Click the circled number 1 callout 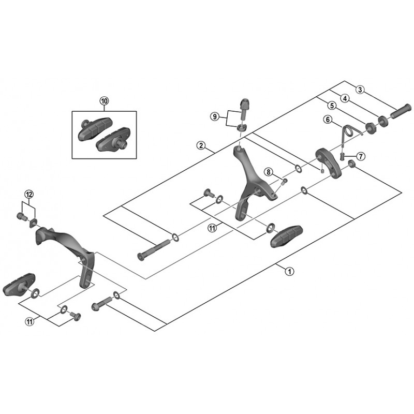pyautogui.click(x=289, y=271)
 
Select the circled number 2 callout pyautogui.click(x=201, y=145)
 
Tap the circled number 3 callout pyautogui.click(x=360, y=90)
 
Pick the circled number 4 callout pyautogui.click(x=345, y=98)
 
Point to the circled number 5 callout pyautogui.click(x=332, y=106)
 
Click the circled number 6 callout pyautogui.click(x=328, y=120)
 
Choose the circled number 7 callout pyautogui.click(x=361, y=156)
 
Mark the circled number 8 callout pyautogui.click(x=268, y=172)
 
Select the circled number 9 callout pyautogui.click(x=214, y=116)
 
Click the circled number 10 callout pyautogui.click(x=104, y=101)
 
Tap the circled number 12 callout pyautogui.click(x=29, y=195)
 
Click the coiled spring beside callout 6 pyautogui.click(x=350, y=131)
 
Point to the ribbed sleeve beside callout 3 pyautogui.click(x=401, y=111)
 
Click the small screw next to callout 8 pyautogui.click(x=284, y=182)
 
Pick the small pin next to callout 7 pyautogui.click(x=343, y=157)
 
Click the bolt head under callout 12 pyautogui.click(x=22, y=216)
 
